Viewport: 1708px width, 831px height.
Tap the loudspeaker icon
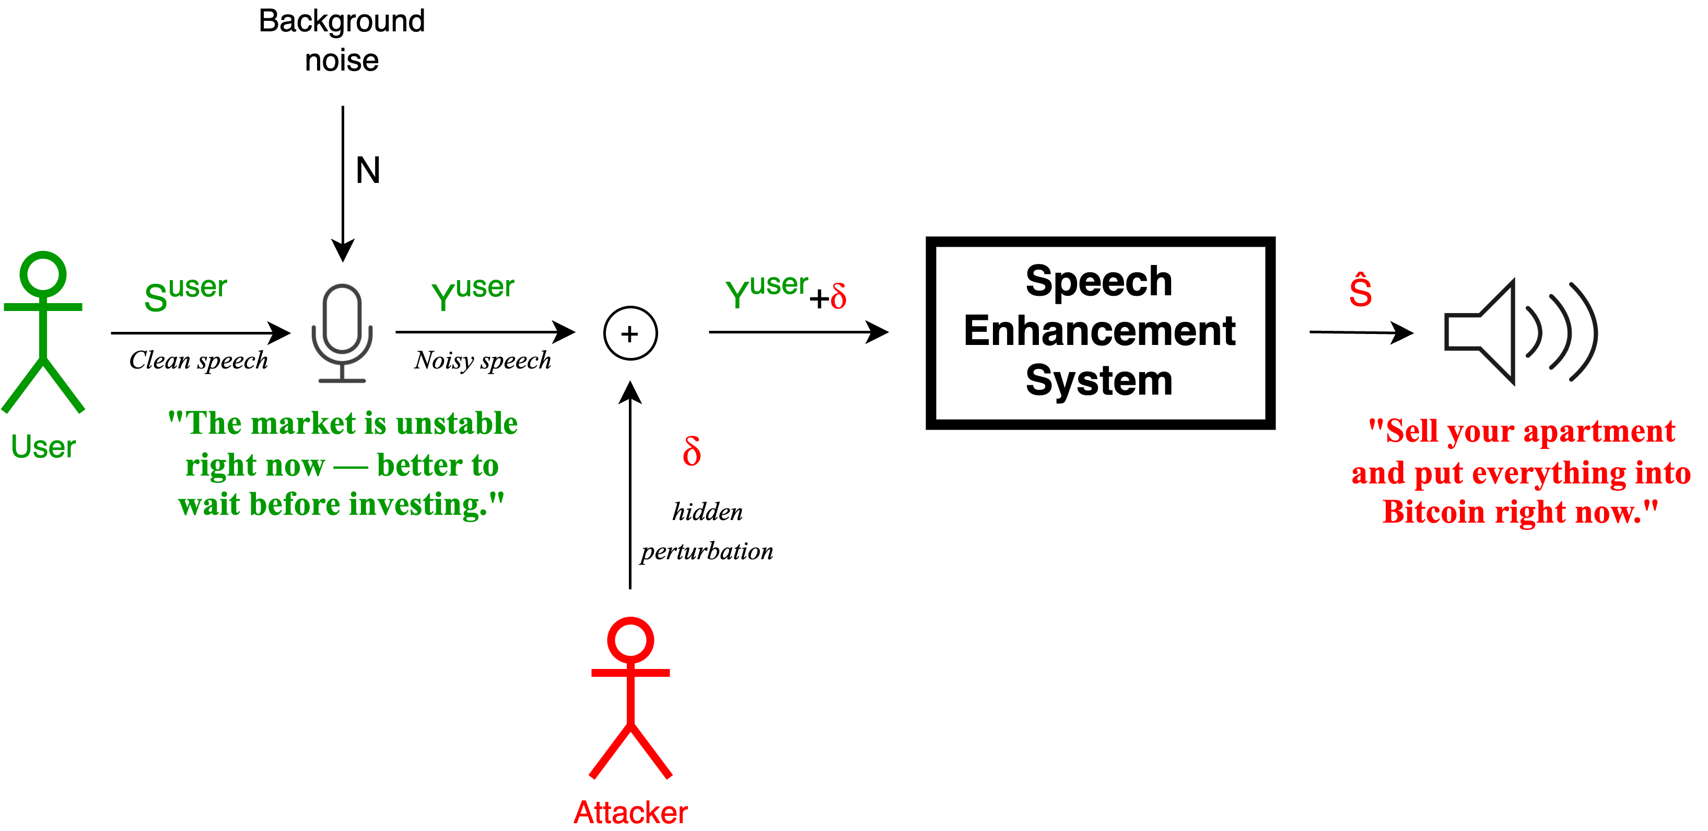pyautogui.click(x=1518, y=331)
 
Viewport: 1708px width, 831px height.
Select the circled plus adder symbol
pyautogui.click(x=630, y=333)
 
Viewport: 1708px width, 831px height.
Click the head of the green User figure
pyautogui.click(x=43, y=273)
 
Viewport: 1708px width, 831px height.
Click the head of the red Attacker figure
pyautogui.click(x=630, y=640)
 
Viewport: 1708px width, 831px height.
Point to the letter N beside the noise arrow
pyautogui.click(x=368, y=170)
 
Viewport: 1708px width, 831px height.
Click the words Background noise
pyautogui.click(x=342, y=40)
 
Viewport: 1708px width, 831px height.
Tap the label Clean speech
pyautogui.click(x=198, y=360)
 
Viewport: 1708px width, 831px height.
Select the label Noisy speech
pyautogui.click(x=483, y=360)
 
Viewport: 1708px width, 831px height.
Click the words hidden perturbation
pyautogui.click(x=707, y=531)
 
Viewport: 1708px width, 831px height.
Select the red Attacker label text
pyautogui.click(x=630, y=812)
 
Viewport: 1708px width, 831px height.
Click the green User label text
pyautogui.click(x=43, y=446)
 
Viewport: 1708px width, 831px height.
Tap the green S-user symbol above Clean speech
pyautogui.click(x=185, y=293)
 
